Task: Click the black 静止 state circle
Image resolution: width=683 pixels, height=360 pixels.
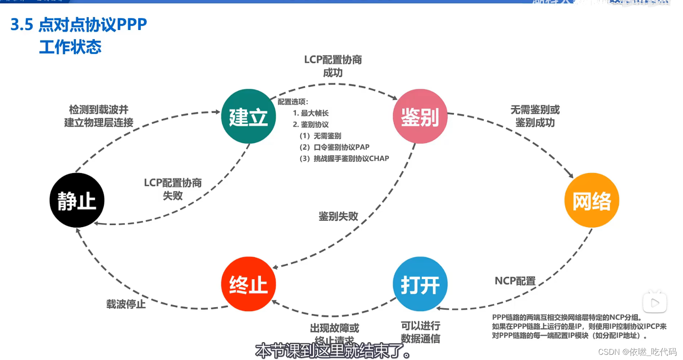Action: (x=77, y=200)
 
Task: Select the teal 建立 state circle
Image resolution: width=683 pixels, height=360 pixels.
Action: (x=248, y=116)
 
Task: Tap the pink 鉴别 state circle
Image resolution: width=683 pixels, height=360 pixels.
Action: (x=420, y=116)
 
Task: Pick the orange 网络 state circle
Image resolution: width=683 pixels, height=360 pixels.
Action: (x=592, y=200)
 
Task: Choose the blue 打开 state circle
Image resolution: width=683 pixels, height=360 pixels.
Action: (x=420, y=284)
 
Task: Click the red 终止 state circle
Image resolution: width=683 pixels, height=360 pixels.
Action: (x=248, y=284)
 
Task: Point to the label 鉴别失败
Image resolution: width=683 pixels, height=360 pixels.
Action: (x=338, y=216)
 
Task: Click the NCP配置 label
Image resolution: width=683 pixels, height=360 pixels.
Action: (x=515, y=281)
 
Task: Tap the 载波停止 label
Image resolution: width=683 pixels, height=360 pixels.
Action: (x=126, y=304)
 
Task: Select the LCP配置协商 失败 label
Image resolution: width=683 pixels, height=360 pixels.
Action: (x=173, y=189)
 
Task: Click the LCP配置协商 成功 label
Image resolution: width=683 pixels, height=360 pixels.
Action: (x=333, y=66)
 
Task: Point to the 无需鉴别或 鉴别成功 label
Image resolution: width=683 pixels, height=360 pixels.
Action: (x=535, y=116)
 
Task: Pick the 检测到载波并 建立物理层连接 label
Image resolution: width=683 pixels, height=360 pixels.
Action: (x=99, y=116)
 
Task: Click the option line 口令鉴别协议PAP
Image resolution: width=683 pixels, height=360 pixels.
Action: (x=335, y=147)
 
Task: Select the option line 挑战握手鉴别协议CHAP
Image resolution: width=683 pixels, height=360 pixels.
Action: (x=344, y=158)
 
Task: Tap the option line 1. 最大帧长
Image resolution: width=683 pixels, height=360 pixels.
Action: (x=310, y=113)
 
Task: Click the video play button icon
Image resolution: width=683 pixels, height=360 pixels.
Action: (x=654, y=302)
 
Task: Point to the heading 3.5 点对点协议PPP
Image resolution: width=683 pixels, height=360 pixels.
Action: (x=79, y=25)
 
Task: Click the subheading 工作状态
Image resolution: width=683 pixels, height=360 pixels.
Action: (x=70, y=47)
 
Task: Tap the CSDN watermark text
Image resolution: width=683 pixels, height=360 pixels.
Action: (x=637, y=352)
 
